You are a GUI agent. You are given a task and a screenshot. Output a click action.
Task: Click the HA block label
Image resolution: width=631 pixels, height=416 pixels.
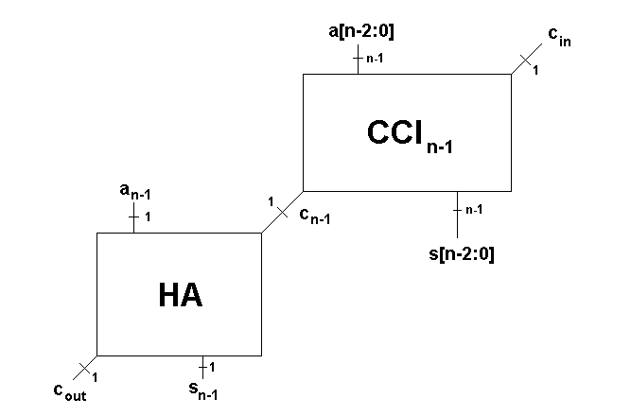(180, 296)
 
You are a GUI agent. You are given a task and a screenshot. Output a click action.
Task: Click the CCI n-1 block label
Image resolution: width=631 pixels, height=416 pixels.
(414, 135)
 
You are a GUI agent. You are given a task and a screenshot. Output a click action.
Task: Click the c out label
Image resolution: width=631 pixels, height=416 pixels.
(69, 392)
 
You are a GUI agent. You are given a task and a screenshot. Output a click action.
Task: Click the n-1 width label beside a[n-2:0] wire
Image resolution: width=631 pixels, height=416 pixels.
(374, 59)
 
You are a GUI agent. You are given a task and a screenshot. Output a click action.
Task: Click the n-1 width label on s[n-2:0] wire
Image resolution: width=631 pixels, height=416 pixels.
(474, 208)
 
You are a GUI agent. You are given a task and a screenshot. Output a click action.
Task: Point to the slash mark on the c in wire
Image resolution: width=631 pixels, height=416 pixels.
(526, 61)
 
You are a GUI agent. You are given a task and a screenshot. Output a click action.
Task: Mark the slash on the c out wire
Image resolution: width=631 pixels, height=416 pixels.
(85, 367)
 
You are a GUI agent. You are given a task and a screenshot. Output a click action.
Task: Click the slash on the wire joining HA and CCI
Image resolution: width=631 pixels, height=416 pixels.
(282, 214)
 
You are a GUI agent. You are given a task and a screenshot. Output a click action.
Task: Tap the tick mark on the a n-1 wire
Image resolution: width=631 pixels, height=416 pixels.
(133, 217)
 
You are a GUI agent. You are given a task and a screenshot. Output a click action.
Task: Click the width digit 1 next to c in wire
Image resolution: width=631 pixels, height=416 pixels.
(535, 71)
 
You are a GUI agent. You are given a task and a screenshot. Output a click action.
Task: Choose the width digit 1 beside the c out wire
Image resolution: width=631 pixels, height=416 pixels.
(96, 376)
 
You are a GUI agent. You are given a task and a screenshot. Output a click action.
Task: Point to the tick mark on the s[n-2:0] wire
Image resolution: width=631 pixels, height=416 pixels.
(458, 208)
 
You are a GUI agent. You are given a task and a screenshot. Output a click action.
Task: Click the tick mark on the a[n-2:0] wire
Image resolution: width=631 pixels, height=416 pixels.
(358, 59)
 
